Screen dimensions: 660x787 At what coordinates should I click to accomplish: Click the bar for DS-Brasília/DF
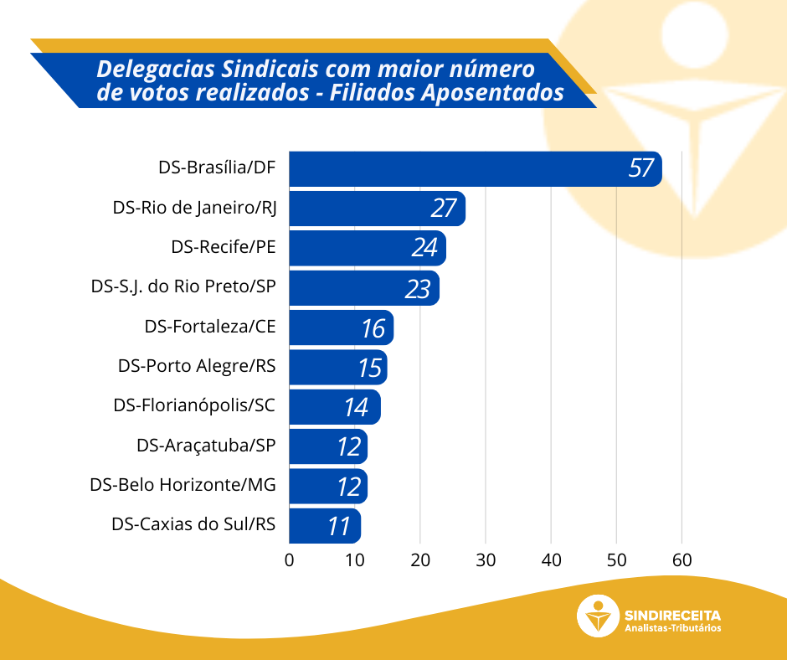475,168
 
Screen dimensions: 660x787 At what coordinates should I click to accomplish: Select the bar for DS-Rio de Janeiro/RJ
377,208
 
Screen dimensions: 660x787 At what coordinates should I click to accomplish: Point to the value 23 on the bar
417,288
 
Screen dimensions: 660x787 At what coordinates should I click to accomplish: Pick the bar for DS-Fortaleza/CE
341,327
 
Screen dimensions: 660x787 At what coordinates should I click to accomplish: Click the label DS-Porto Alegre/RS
197,366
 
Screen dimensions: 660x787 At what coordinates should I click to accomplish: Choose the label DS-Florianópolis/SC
194,405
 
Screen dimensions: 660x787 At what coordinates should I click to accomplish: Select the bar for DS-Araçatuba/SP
328,446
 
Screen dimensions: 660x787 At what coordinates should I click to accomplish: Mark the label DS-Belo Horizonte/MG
183,485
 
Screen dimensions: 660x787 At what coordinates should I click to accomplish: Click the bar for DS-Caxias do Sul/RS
325,525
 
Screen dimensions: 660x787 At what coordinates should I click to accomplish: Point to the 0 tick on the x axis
290,559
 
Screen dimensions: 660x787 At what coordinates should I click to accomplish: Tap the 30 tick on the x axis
486,559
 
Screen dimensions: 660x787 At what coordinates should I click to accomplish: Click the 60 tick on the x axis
682,559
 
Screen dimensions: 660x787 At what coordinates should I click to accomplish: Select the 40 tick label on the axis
551,559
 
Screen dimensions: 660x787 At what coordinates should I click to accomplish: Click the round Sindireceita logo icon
598,616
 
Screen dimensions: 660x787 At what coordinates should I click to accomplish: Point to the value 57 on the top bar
640,168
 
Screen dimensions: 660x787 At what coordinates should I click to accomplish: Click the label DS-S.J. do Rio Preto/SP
183,286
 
